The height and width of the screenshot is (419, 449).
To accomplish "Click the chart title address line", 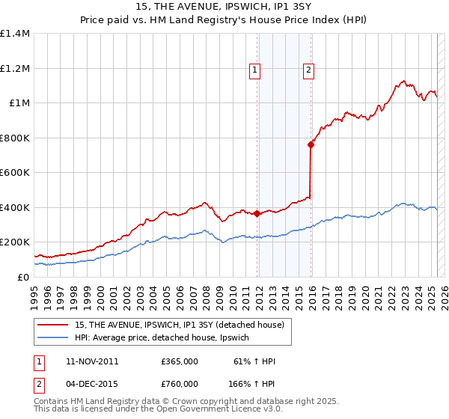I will tap(224, 7).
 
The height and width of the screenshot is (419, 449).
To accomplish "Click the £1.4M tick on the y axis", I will tap(15, 34).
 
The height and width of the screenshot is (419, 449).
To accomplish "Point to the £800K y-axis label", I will tap(15, 138).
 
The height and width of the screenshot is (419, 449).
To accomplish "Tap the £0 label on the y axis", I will tap(22, 277).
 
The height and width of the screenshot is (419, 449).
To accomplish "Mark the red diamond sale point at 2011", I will tap(257, 213).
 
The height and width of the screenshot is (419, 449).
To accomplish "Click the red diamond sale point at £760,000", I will tap(311, 145).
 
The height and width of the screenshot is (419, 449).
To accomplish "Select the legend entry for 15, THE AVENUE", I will tap(180, 325).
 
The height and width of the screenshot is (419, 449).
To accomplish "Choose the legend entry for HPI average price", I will tap(166, 338).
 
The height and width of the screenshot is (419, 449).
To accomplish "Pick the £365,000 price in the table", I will tap(180, 361).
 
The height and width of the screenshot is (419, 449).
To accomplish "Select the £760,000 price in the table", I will tap(180, 383).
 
